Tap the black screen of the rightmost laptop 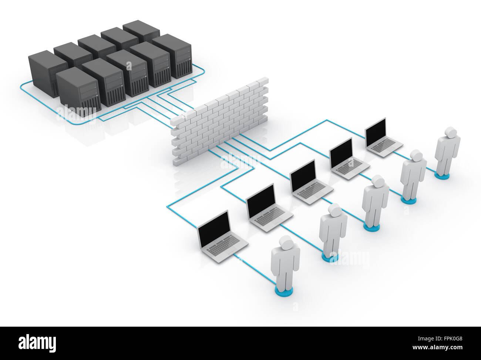[x=375, y=130]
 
